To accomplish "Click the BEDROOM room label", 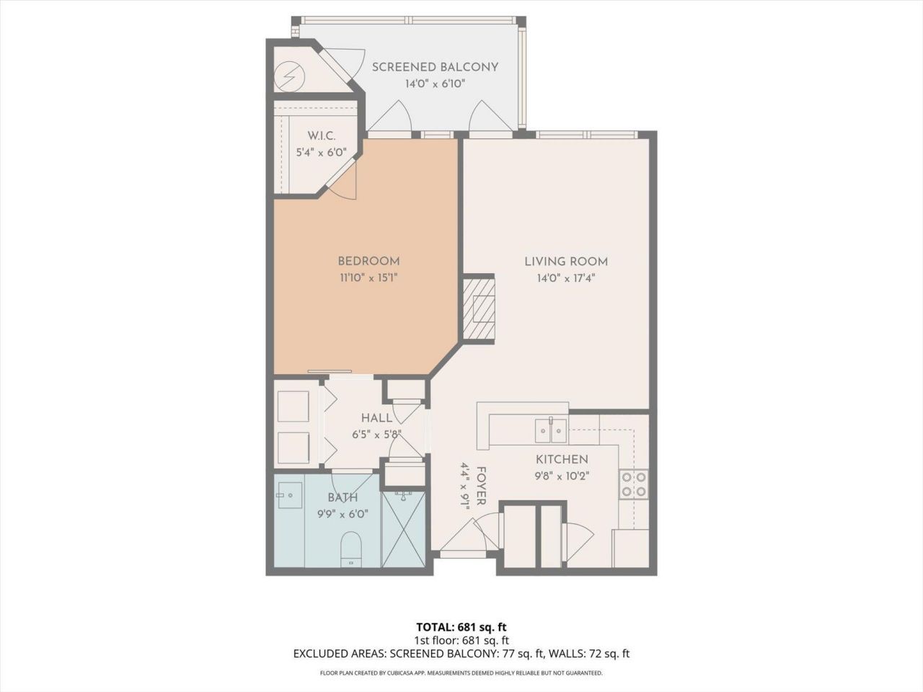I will coord(368,261).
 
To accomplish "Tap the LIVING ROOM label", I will coord(565,262).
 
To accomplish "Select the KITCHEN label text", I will coord(561,459).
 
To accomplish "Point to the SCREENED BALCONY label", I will coord(435,67).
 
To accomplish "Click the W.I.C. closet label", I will coord(321,136).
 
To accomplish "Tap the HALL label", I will coord(376,418).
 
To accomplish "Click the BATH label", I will coord(343,497).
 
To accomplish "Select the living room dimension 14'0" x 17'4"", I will coord(565,278).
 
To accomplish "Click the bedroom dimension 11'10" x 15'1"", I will coord(368,278).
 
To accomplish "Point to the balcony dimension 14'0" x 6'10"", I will coord(435,84).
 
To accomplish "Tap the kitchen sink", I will coord(551,431).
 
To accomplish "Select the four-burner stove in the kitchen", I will coord(633,484).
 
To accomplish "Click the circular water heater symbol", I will coord(290,74).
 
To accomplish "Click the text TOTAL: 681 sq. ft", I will coord(461,626).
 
